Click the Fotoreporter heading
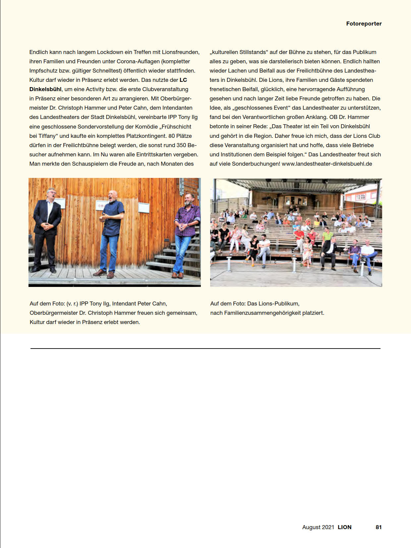(x=364, y=24)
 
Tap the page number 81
(x=379, y=527)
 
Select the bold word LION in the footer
(x=344, y=527)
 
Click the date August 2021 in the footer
(x=318, y=527)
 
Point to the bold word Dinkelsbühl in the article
(x=45, y=89)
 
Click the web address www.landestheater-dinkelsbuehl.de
(x=327, y=164)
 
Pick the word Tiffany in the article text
(x=47, y=136)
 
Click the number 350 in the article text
(x=181, y=145)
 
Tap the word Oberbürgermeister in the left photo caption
(x=54, y=313)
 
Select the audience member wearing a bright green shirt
(x=327, y=236)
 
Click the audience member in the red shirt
(x=299, y=235)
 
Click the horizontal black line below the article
(x=206, y=348)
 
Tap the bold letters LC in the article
(x=183, y=80)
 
